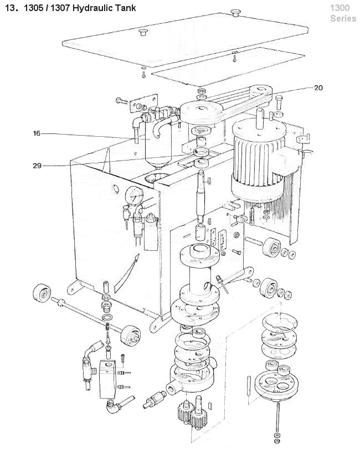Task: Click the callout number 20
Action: pyautogui.click(x=318, y=87)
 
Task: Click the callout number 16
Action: pyautogui.click(x=37, y=133)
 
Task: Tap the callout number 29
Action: pyautogui.click(x=37, y=166)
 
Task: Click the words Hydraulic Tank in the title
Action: pyautogui.click(x=104, y=8)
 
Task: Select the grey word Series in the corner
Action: pyautogui.click(x=343, y=18)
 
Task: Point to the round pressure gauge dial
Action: pyautogui.click(x=135, y=195)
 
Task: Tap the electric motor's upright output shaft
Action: pyautogui.click(x=260, y=118)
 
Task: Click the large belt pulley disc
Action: pyautogui.click(x=201, y=111)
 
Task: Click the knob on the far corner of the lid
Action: pyautogui.click(x=236, y=13)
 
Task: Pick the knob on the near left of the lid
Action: pyautogui.click(x=142, y=32)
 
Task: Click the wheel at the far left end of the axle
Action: pyautogui.click(x=42, y=292)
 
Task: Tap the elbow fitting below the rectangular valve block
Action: pyautogui.click(x=116, y=404)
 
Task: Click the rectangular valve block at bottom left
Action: pyautogui.click(x=108, y=379)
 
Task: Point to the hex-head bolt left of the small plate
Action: pyautogui.click(x=122, y=101)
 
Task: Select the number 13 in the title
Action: pyautogui.click(x=10, y=8)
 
